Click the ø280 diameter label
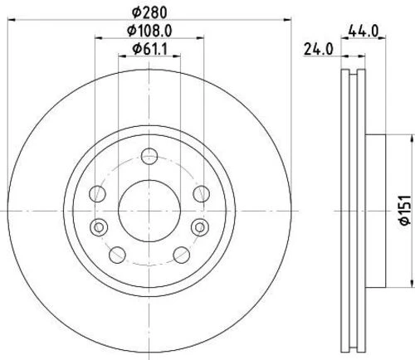tap(149, 12)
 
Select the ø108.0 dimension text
tap(149, 34)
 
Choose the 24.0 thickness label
tap(319, 49)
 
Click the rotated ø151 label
tap(399, 207)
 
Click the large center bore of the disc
tap(149, 207)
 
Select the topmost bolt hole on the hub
tap(149, 155)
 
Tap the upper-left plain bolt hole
tap(99, 193)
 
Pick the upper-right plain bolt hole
tap(199, 193)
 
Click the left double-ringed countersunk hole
tap(99, 227)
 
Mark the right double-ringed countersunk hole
tap(198, 227)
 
